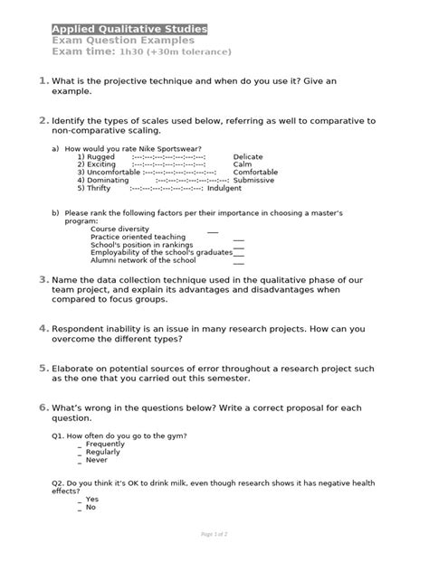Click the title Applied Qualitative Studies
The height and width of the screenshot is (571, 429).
pos(129,29)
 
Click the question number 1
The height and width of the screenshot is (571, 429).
pos(43,82)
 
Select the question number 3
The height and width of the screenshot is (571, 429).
pos(43,280)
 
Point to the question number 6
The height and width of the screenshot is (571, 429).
pos(43,408)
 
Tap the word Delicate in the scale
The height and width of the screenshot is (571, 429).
pos(248,156)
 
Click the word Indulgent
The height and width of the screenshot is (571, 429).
pos(224,189)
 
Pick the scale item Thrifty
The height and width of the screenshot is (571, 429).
pos(99,189)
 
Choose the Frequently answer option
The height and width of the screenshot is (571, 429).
pos(105,445)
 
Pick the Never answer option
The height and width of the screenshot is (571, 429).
pos(96,460)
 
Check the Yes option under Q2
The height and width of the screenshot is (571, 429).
pos(91,499)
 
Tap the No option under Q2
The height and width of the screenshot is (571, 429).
pos(91,507)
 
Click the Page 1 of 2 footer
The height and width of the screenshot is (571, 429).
pos(214,535)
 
